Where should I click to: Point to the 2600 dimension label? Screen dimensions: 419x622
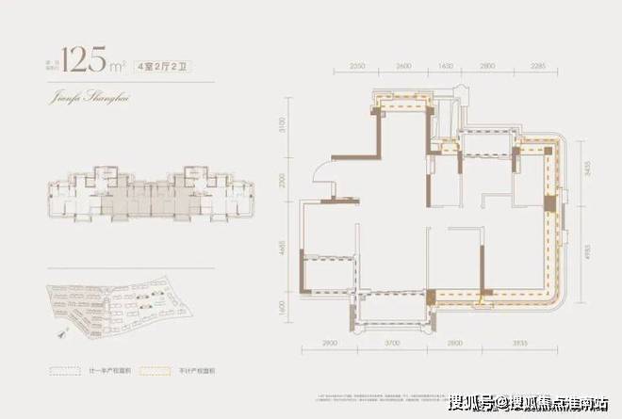pyautogui.click(x=403, y=69)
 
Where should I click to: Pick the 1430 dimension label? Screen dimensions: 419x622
pyautogui.click(x=447, y=69)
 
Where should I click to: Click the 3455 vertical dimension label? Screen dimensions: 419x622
pyautogui.click(x=587, y=173)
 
